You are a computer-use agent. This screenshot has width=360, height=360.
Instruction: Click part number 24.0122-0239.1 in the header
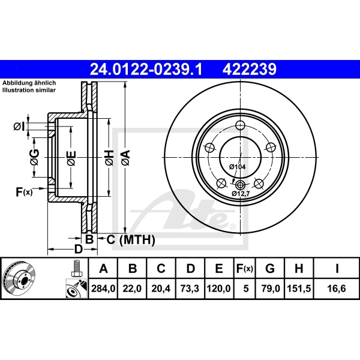coord(146,70)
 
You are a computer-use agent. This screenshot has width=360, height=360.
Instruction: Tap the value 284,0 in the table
coord(103,289)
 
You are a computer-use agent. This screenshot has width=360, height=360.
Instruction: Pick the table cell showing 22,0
coord(132,289)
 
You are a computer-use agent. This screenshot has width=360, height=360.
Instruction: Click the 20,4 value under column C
coord(161,289)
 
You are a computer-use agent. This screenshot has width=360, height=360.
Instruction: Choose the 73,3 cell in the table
coord(190,289)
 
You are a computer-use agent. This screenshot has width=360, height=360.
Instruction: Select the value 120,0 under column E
coord(219,289)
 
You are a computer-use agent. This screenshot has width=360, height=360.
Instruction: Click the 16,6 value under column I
coord(339,289)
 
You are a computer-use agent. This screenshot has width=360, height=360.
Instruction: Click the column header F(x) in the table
coord(246,268)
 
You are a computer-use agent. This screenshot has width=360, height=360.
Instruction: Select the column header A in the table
coord(103,268)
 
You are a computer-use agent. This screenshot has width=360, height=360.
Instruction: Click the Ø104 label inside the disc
coord(238,166)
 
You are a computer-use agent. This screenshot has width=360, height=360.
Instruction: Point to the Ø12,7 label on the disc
coord(242,194)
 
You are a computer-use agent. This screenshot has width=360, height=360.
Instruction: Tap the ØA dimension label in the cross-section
coord(125,158)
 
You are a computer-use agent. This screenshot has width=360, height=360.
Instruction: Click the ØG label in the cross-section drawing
coord(35,158)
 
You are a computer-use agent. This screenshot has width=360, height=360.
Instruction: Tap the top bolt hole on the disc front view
coord(240,125)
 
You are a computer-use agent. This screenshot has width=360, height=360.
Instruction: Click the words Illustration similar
coord(28,89)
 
